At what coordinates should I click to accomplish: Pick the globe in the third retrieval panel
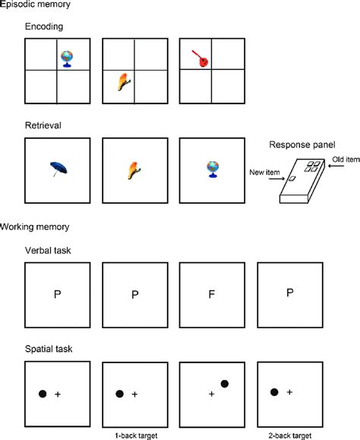pyautogui.click(x=213, y=169)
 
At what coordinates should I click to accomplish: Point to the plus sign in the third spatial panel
pyautogui.click(x=212, y=394)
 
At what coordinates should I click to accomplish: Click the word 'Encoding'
pyautogui.click(x=44, y=26)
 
